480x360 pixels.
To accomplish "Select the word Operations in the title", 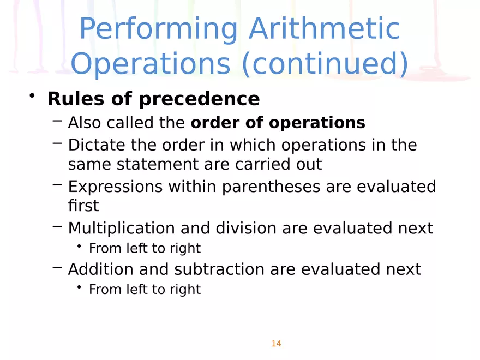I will [151, 64].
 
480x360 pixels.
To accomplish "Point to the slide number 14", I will [276, 344].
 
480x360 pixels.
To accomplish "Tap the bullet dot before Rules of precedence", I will [33, 97].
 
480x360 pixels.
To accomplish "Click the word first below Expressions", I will [83, 206].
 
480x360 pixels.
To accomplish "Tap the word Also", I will [85, 123].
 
